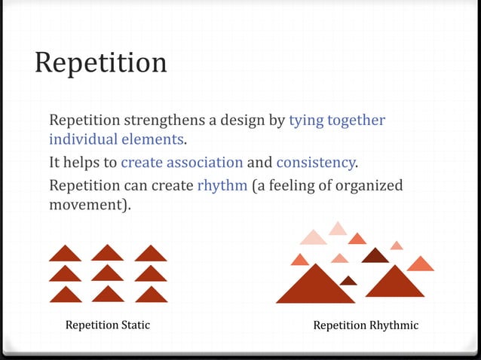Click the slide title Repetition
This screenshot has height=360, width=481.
(x=100, y=63)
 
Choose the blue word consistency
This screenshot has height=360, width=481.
(x=315, y=162)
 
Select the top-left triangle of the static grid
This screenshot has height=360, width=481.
(x=65, y=254)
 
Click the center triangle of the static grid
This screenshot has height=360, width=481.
(x=108, y=273)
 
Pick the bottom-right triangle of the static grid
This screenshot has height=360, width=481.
(x=152, y=294)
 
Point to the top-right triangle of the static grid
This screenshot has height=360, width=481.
(x=152, y=254)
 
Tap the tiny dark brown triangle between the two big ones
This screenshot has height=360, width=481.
(x=348, y=281)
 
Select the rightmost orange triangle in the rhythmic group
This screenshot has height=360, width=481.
(x=421, y=264)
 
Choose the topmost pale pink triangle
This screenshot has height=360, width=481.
(x=338, y=228)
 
